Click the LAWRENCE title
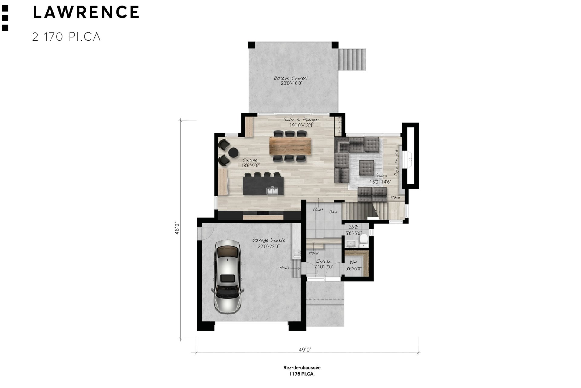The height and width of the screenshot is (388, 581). pos(86,12)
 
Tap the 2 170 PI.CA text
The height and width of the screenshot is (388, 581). pos(66,37)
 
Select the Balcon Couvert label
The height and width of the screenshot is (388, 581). pos(291,78)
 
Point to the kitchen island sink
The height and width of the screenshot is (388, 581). pos(272,191)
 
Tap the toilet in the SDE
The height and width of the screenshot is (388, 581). pos(364,239)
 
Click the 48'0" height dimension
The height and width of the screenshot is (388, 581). pos(177,228)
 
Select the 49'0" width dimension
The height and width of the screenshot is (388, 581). pos(305,350)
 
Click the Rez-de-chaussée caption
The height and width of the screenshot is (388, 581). pos(302,368)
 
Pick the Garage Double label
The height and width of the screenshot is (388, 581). pos(269,241)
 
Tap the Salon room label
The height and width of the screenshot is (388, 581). pos(381,176)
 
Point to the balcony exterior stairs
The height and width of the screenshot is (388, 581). pos(352,59)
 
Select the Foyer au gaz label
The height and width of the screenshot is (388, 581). pos(396,163)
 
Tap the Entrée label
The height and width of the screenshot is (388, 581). pos(323,261)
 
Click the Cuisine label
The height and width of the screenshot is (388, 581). pos(250,160)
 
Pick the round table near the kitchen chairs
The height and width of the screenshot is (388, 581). pos(233,152)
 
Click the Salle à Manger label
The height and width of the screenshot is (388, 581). pos(301,120)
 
